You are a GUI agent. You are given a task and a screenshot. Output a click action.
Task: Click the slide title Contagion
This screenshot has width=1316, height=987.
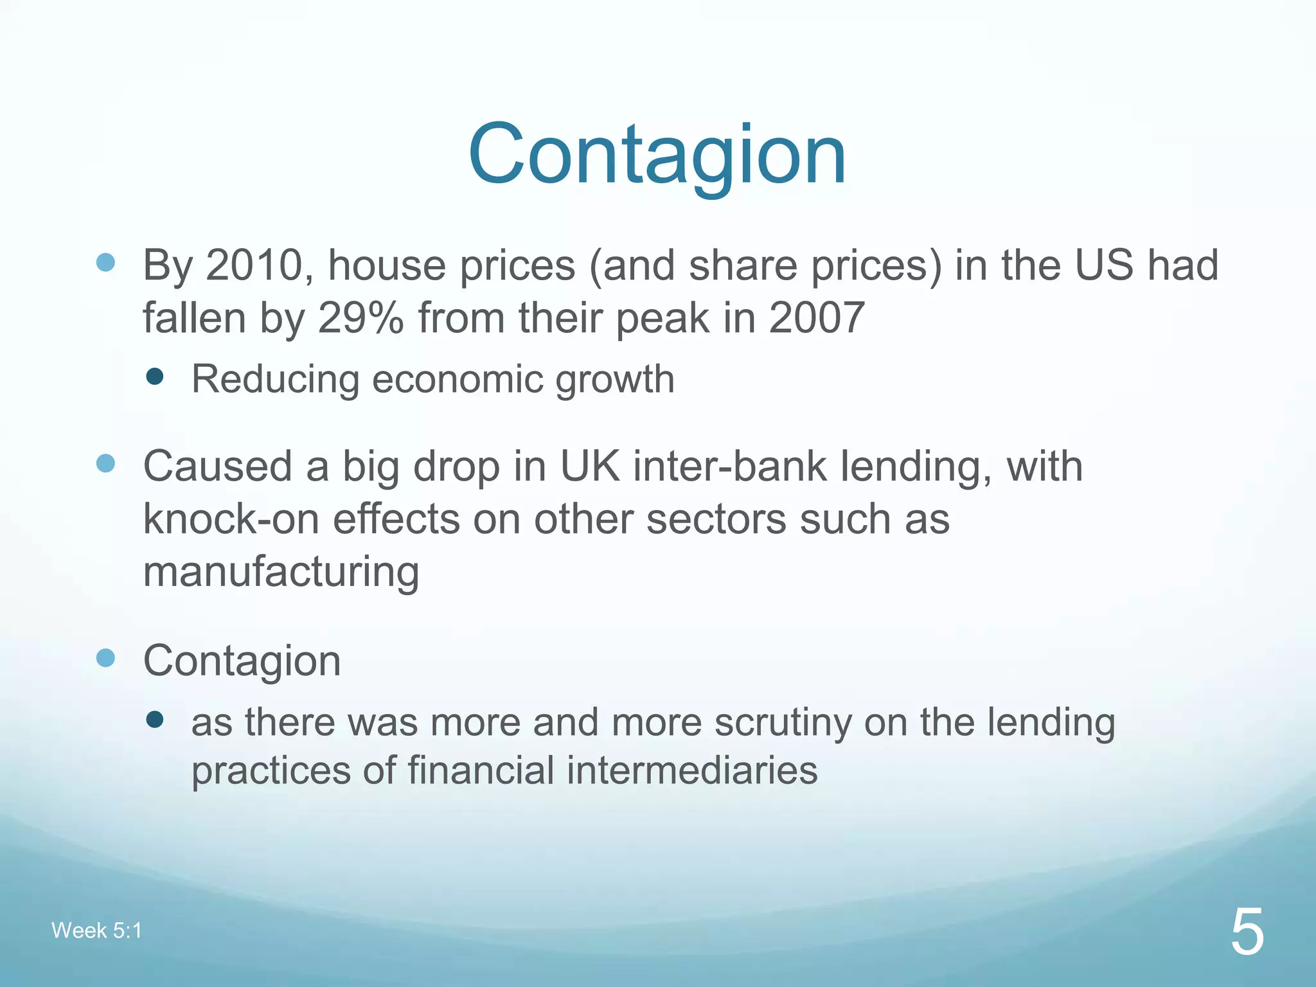657,156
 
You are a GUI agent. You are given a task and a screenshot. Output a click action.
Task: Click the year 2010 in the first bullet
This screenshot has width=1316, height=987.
254,265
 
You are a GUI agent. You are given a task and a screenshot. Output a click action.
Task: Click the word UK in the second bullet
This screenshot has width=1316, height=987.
590,466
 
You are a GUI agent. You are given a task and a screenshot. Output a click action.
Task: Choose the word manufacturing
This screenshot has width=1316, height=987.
281,571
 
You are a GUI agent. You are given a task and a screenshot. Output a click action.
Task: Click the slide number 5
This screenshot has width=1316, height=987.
1247,932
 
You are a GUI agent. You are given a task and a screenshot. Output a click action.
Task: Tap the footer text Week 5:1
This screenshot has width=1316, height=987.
96,930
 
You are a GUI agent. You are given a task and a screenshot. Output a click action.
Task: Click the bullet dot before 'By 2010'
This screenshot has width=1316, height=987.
105,262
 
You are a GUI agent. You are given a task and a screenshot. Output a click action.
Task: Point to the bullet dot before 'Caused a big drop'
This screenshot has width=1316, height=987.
105,463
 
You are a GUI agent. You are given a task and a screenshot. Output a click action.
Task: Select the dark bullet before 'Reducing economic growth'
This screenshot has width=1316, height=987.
155,376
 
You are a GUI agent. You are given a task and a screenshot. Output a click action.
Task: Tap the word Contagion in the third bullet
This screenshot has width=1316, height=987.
242,661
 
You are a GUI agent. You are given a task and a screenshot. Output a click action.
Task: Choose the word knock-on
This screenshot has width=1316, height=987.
231,519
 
